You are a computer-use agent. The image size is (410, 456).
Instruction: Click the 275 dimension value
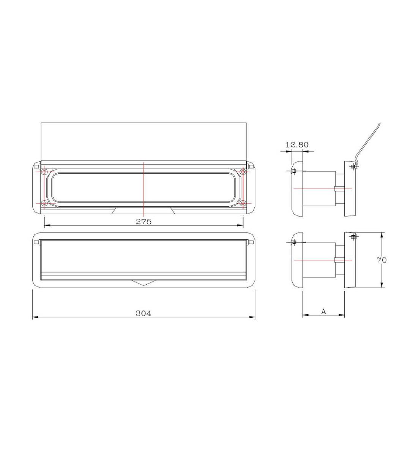tap(143, 222)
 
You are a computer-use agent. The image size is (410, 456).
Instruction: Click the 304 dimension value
tap(143, 313)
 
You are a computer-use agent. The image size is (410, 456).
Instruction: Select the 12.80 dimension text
tap(297, 144)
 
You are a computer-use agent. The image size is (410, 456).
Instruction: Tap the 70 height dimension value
tap(382, 260)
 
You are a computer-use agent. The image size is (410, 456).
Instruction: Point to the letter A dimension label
tap(323, 312)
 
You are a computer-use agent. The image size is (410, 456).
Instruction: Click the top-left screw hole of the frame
tap(44, 173)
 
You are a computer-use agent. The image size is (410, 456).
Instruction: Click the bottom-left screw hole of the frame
tap(44, 203)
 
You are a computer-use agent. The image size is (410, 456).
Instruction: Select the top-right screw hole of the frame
tap(243, 173)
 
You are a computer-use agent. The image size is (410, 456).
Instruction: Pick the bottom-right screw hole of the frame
tap(243, 203)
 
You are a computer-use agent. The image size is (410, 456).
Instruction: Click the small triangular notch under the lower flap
tap(143, 283)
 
